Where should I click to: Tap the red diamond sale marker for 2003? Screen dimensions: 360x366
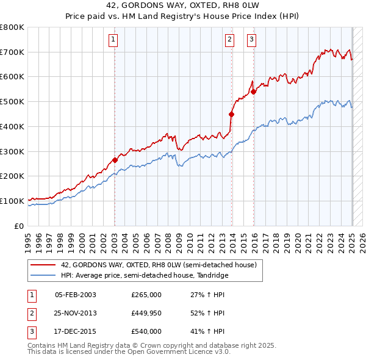115,160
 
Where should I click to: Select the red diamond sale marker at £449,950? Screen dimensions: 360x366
232,114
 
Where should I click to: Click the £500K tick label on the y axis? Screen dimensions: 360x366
12,101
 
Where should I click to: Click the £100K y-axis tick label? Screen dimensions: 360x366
12,201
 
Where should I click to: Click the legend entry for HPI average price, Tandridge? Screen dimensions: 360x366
144,275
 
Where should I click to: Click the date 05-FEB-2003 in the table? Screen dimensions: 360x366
76,295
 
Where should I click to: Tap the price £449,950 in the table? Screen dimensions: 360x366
146,313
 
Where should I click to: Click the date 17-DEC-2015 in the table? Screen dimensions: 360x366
76,331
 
